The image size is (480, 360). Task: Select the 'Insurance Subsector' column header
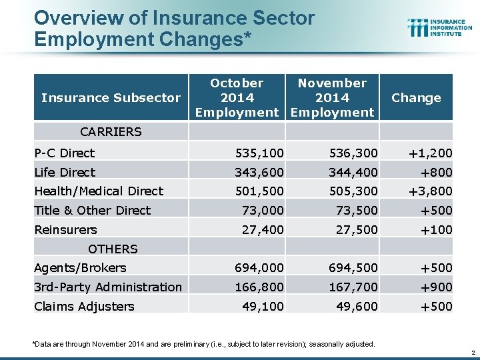(x=111, y=97)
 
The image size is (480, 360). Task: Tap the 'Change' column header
(x=416, y=97)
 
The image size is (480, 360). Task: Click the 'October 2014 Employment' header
(x=237, y=97)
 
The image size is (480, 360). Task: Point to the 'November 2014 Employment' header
(x=332, y=97)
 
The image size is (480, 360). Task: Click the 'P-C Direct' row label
(x=65, y=153)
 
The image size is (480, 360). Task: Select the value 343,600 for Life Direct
(x=258, y=172)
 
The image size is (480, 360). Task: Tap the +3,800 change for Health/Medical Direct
(x=430, y=191)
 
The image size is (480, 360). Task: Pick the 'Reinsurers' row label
(x=65, y=229)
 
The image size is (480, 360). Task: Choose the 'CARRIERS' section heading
(x=111, y=131)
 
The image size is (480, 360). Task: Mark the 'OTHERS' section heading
(x=113, y=249)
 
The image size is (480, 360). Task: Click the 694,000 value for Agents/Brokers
(x=258, y=267)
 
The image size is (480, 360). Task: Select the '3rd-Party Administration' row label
(x=108, y=287)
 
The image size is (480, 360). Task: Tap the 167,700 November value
(x=353, y=287)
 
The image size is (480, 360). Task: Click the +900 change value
(x=436, y=287)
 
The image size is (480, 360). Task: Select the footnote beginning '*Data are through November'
(x=203, y=344)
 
